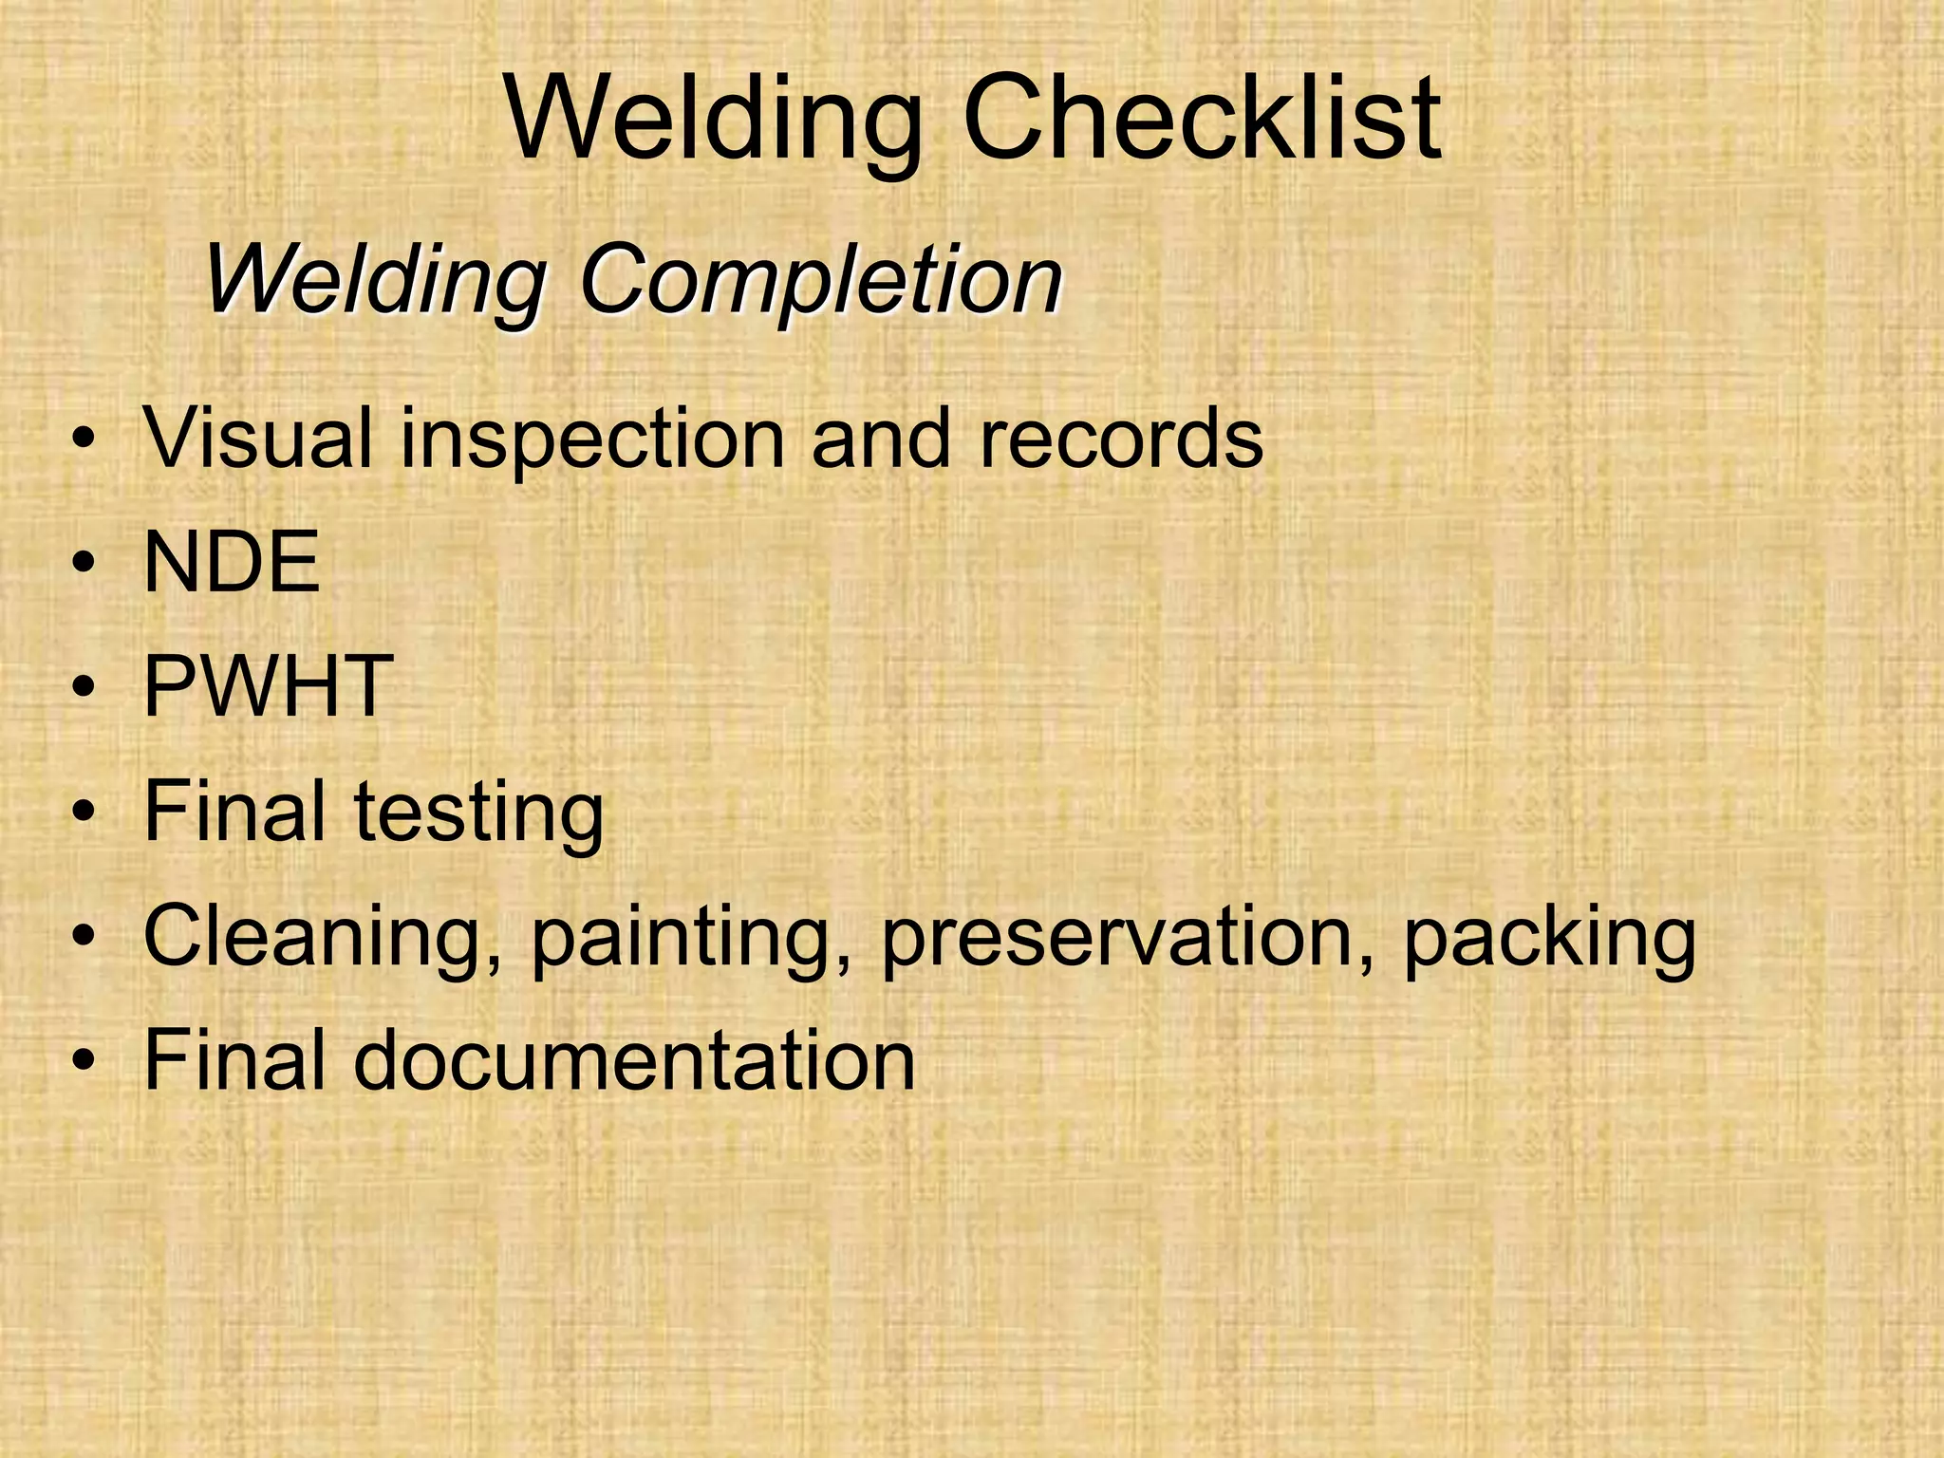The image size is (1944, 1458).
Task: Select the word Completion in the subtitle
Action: point(820,280)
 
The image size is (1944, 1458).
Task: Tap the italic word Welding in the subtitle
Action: point(375,280)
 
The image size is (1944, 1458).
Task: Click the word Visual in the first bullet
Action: point(257,438)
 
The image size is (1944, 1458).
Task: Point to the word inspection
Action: point(592,439)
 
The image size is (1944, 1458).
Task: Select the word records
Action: point(1120,438)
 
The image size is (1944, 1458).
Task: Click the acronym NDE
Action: point(231,562)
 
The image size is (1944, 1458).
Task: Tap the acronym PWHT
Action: point(268,686)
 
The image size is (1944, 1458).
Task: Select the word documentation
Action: point(634,1060)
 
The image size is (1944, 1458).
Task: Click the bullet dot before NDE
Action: point(84,564)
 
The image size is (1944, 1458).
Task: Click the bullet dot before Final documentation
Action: point(84,1062)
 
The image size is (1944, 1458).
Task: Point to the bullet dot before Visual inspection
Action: point(84,439)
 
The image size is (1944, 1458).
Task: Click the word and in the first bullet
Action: point(880,438)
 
